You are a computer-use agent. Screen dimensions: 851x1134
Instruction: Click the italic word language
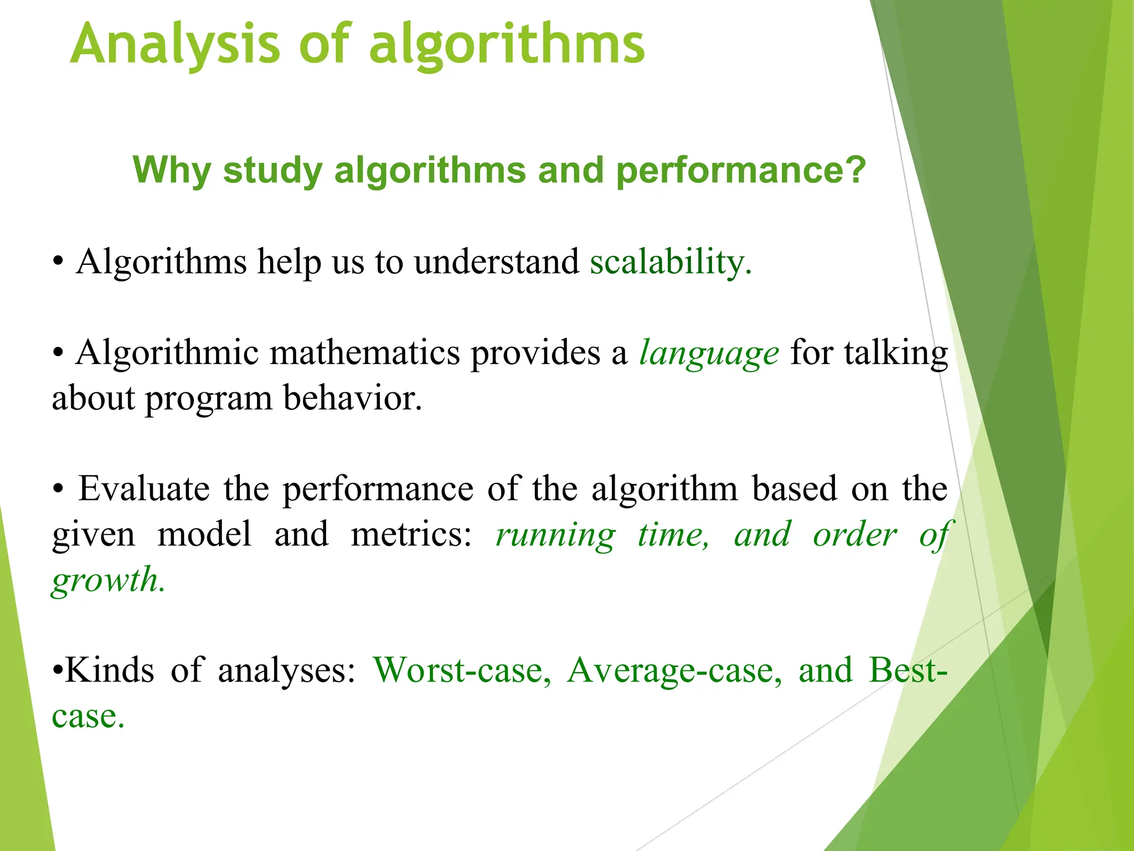tap(709, 353)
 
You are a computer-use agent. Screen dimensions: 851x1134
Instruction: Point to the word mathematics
tap(364, 352)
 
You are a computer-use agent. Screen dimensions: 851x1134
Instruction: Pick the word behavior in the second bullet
tap(352, 398)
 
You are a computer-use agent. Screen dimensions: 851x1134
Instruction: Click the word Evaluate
tap(143, 489)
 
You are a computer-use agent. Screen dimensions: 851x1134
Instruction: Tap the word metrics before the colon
tap(411, 534)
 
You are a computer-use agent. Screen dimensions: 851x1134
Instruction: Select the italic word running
tap(555, 535)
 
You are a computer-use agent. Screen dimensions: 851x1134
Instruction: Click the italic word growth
tap(107, 581)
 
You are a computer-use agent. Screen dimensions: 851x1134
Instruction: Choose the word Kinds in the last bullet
tap(110, 670)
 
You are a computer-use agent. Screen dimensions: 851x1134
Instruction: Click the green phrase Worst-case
tap(462, 670)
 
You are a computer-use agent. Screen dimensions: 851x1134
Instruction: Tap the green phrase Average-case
tap(674, 670)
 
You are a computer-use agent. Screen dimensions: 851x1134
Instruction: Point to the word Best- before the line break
tap(907, 670)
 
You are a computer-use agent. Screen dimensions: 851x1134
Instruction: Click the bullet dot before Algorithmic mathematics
tap(58, 353)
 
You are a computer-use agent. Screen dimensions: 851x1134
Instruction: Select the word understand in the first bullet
tap(496, 262)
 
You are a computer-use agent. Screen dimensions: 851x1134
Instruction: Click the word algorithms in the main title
tap(507, 44)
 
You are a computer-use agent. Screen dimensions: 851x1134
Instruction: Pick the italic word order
tap(854, 535)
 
